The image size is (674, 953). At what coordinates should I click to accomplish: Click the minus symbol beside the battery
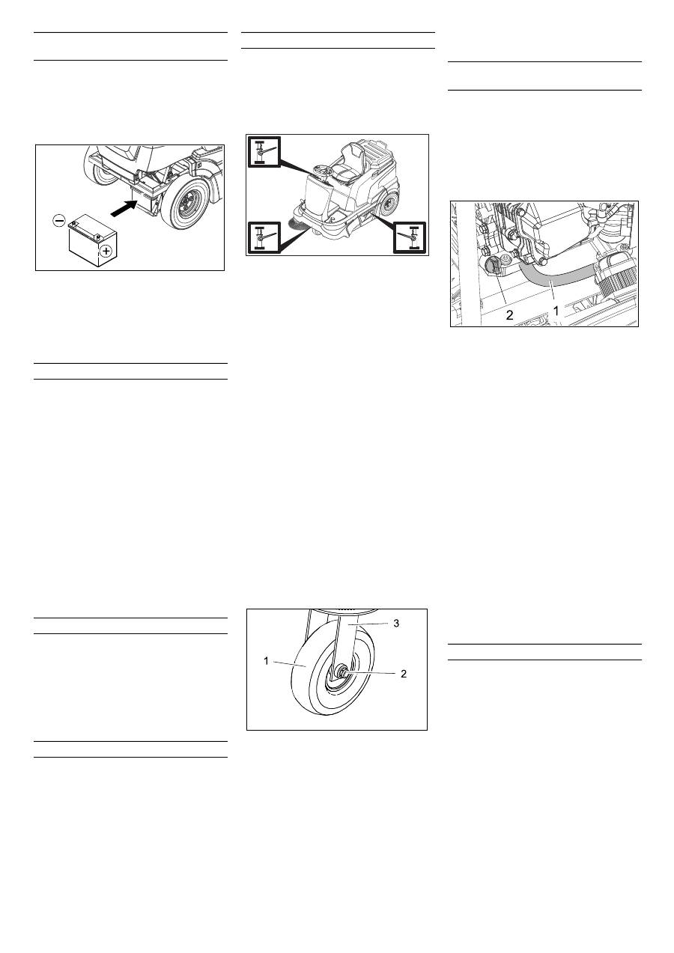click(x=58, y=221)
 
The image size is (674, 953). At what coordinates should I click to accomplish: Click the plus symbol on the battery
click(x=106, y=251)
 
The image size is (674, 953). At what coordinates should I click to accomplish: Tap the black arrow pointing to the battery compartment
click(x=124, y=208)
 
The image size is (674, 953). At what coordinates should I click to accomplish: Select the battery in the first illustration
click(x=93, y=241)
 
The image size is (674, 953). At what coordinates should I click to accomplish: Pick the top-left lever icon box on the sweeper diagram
click(x=264, y=151)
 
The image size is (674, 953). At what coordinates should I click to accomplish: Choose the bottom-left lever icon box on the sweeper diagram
click(x=264, y=237)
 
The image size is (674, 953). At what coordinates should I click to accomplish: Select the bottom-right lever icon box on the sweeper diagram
click(x=410, y=237)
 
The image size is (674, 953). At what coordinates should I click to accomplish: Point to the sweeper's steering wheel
click(x=323, y=170)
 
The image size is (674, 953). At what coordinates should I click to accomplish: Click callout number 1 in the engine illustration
click(x=556, y=311)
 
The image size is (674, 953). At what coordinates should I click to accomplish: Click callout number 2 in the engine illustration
click(x=509, y=315)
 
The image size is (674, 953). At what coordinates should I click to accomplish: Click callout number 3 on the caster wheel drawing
click(x=396, y=624)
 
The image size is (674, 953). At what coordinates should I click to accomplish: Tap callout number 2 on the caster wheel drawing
click(x=404, y=674)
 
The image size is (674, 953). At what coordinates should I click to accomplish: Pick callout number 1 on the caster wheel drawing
click(x=267, y=661)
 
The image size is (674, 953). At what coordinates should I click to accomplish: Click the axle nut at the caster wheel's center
click(x=341, y=672)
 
